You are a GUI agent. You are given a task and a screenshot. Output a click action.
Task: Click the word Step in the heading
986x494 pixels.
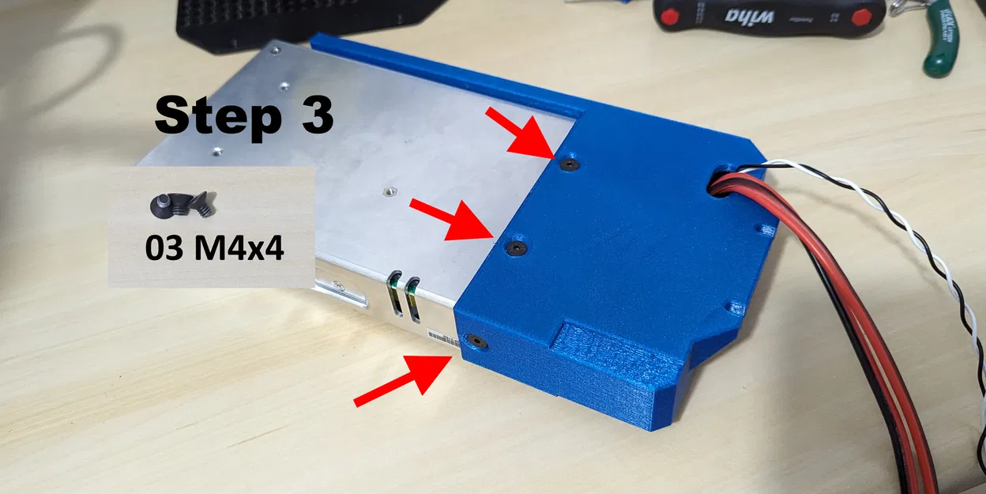(x=213, y=118)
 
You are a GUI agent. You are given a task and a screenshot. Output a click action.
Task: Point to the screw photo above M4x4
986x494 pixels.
(x=182, y=206)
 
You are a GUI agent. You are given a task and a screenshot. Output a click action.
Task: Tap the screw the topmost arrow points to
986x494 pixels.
(x=569, y=164)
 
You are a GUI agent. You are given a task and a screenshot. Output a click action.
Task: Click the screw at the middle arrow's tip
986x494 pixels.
(x=517, y=248)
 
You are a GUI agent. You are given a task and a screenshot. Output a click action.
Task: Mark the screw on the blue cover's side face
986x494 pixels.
(x=475, y=341)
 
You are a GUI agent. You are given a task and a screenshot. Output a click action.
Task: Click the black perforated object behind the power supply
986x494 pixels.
(x=300, y=20)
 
